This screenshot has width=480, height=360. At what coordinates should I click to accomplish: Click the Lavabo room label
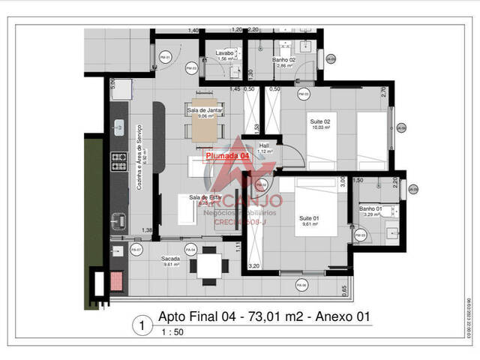pos(226,53)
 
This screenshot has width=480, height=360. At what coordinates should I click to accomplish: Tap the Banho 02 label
pos(283,59)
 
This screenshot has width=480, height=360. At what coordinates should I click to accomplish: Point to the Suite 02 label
pos(321,121)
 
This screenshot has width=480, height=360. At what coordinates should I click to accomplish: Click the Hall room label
pos(264,145)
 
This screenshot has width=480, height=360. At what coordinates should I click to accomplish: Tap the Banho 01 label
pos(370,208)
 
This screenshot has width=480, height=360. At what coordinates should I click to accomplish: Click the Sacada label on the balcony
pos(149,258)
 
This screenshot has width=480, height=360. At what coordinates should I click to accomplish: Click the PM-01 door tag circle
pos(166,57)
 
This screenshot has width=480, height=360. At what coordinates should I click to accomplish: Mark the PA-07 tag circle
pos(136,249)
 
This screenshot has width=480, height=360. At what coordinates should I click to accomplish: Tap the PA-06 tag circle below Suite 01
pos(301,285)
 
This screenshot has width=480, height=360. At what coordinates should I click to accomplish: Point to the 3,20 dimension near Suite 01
pos(253,265)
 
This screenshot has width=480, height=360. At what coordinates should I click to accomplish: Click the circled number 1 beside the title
pos(139,325)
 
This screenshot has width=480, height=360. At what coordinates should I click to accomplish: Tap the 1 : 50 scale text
pos(172,332)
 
